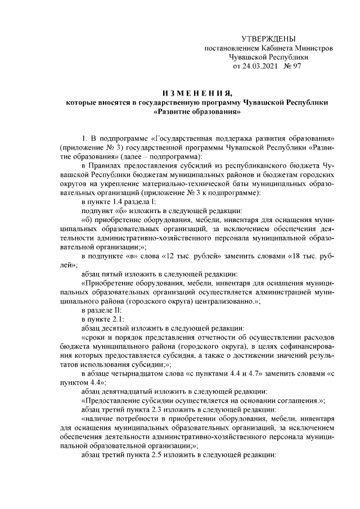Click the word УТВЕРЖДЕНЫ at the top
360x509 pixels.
(268, 39)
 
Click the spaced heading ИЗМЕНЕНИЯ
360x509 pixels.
(194, 93)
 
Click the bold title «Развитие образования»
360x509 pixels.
(194, 111)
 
